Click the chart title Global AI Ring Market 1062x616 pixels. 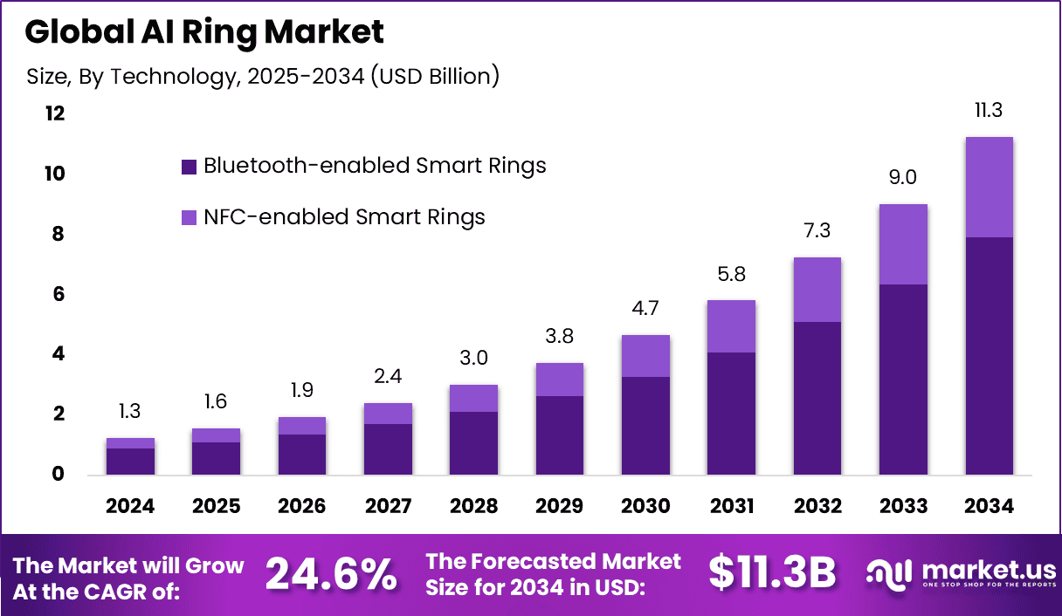click(204, 32)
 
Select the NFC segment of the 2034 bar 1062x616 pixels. click(989, 187)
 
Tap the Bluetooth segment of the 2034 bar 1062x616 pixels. click(989, 355)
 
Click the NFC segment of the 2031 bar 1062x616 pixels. click(731, 326)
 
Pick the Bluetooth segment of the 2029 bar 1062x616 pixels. click(560, 435)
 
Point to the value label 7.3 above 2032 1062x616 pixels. click(817, 231)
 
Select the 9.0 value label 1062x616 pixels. click(903, 178)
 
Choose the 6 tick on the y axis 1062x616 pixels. click(58, 295)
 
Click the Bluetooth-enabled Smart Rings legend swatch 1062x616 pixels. click(189, 167)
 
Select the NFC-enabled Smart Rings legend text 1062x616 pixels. click(344, 217)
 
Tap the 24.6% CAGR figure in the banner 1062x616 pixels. click(331, 575)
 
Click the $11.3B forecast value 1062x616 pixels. click(772, 573)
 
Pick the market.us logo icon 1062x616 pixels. click(887, 574)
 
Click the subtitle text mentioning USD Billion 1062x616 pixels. click(263, 77)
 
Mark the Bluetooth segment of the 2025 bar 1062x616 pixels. click(217, 458)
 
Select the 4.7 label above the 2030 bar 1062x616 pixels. click(645, 309)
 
